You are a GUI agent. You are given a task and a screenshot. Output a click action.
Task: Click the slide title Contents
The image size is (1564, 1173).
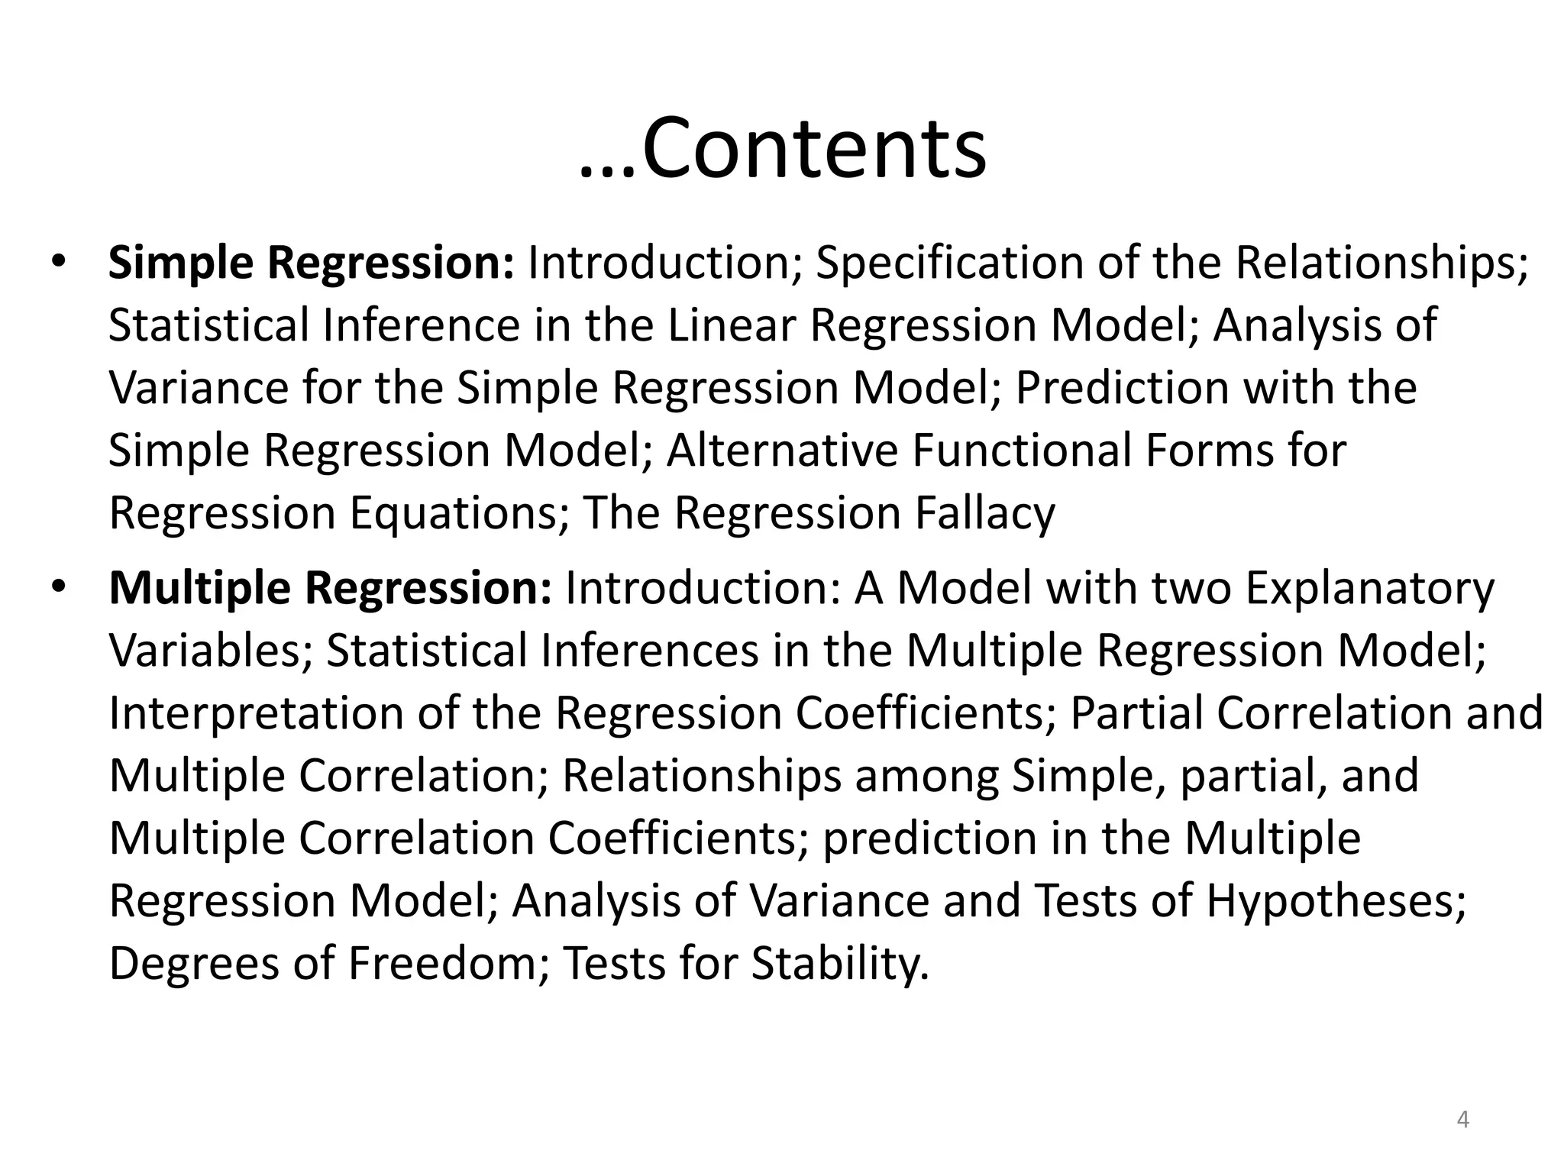(814, 147)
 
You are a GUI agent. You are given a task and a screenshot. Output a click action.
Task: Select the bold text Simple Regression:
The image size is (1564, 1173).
(312, 263)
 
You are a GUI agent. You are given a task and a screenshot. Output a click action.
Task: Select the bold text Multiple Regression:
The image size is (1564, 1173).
(330, 588)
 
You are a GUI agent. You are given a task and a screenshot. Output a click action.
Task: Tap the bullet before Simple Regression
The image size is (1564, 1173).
(60, 263)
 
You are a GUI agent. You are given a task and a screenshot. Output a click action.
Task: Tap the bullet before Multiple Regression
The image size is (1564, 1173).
(60, 588)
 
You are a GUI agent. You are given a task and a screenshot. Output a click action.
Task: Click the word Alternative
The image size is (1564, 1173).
(782, 451)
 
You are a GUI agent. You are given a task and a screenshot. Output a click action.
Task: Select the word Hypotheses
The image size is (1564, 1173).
(1336, 901)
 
